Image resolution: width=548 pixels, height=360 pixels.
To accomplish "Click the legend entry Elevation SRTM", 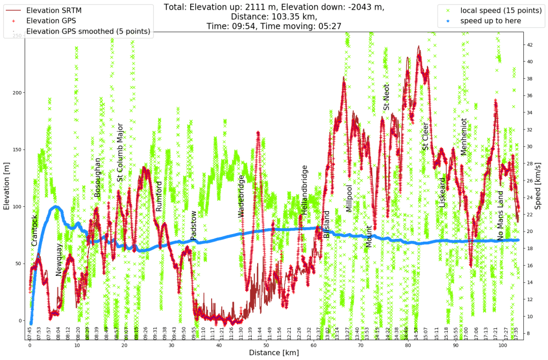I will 54,10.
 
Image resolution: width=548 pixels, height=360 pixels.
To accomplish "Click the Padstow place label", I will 193,225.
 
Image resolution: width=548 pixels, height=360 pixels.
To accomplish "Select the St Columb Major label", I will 120,152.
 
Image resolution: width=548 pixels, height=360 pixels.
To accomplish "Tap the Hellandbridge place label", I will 304,190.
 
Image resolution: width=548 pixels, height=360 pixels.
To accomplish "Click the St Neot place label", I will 386,97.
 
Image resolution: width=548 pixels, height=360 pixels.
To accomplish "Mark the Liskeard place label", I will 442,192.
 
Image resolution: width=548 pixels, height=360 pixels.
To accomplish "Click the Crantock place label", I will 35,230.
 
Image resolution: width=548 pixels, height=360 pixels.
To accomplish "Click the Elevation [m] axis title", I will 7,186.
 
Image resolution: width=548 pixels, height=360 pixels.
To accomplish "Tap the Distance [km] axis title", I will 274,352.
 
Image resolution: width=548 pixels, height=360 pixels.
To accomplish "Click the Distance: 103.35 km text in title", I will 274,16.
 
